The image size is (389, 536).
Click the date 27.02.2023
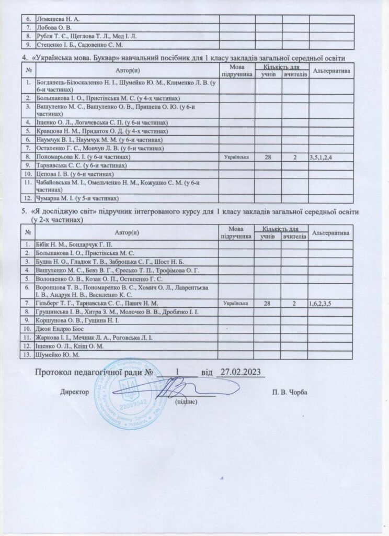click(x=239, y=372)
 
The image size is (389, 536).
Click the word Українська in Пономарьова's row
click(x=237, y=157)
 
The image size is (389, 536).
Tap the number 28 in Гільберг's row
click(x=268, y=303)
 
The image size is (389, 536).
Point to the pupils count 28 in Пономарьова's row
click(x=268, y=157)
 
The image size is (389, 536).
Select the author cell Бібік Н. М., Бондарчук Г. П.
click(x=74, y=244)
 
